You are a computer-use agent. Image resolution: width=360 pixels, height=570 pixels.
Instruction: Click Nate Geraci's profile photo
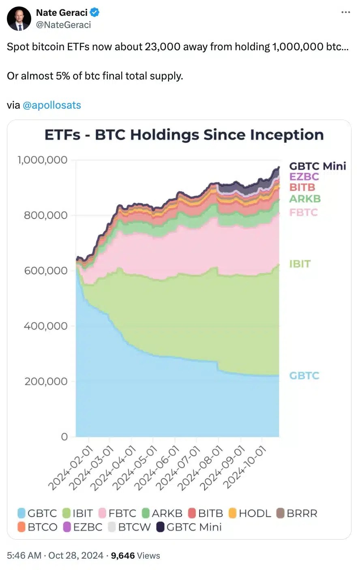pyautogui.click(x=19, y=19)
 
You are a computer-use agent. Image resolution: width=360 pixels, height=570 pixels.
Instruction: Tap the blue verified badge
pyautogui.click(x=94, y=13)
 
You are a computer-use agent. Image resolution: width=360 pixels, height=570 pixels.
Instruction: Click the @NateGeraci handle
pyautogui.click(x=63, y=25)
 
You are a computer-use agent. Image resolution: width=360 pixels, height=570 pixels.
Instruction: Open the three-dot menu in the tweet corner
pyautogui.click(x=345, y=13)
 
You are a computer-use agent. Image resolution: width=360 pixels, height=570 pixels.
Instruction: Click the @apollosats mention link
pyautogui.click(x=52, y=105)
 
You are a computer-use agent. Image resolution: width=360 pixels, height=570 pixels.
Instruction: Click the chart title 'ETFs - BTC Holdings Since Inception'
pyautogui.click(x=184, y=135)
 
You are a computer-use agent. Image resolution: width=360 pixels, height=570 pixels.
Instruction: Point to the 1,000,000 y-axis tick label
pyautogui.click(x=43, y=160)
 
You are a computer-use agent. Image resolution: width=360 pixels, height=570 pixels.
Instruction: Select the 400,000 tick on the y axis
pyautogui.click(x=45, y=326)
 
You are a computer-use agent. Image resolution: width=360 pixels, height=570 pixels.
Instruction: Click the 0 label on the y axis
pyautogui.click(x=64, y=437)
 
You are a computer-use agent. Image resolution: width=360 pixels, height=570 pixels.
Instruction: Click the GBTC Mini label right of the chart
pyautogui.click(x=317, y=166)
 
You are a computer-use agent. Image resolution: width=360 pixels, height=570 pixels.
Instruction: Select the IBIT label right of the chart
pyautogui.click(x=300, y=264)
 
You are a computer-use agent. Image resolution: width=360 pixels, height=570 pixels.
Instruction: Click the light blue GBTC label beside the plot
pyautogui.click(x=304, y=376)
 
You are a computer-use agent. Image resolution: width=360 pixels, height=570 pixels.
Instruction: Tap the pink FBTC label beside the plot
pyautogui.click(x=303, y=212)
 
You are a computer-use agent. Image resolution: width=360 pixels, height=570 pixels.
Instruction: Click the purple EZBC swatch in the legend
pyautogui.click(x=67, y=527)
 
